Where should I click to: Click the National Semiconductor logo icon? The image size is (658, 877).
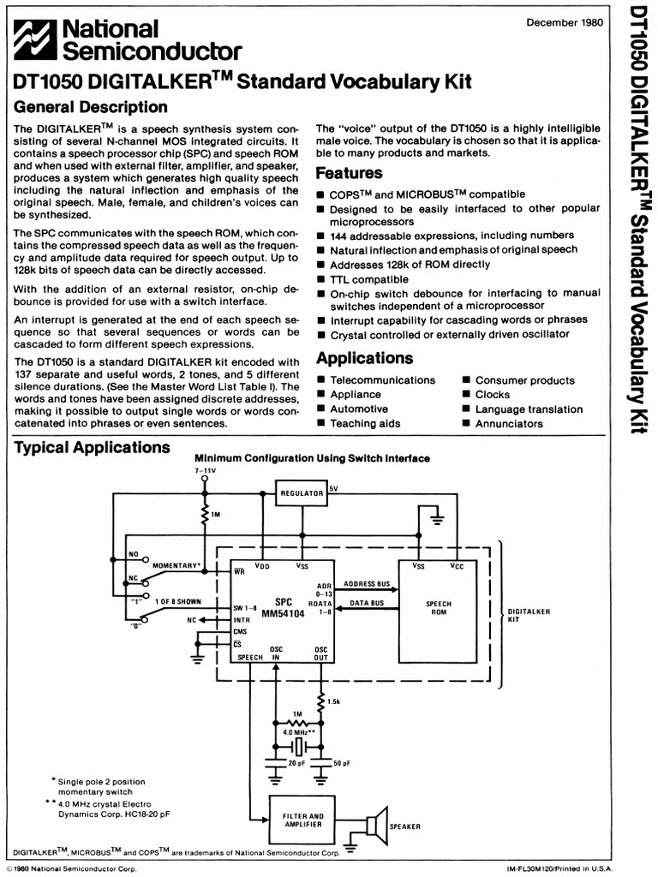(37, 39)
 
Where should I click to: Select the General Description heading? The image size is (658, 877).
(92, 107)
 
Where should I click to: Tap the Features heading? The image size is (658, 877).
(350, 173)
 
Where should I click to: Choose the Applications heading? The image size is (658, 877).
(365, 358)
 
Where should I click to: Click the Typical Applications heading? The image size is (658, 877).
(93, 448)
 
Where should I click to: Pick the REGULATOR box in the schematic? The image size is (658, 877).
(302, 493)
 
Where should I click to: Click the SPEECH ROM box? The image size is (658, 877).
(438, 608)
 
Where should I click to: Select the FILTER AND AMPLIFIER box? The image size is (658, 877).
(303, 820)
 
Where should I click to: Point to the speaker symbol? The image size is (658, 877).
(376, 825)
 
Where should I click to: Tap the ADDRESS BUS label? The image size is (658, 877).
(367, 584)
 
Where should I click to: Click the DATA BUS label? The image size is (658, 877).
(367, 604)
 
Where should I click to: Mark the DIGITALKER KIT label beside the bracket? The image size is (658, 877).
(529, 616)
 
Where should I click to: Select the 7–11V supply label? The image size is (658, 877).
(205, 470)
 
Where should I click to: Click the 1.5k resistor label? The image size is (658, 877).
(333, 701)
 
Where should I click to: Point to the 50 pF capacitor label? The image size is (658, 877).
(340, 762)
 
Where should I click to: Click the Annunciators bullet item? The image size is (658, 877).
(509, 424)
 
